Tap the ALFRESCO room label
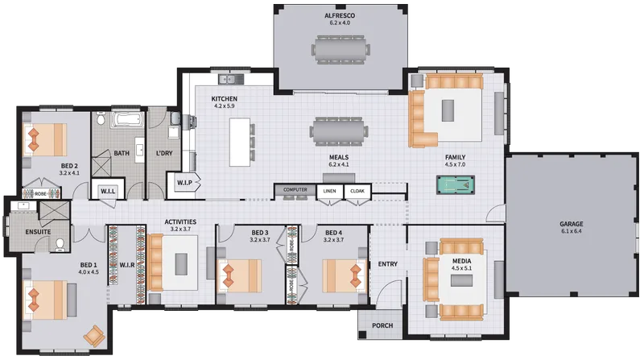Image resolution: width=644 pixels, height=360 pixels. point(340,15)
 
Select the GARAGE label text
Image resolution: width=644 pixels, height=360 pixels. point(572,224)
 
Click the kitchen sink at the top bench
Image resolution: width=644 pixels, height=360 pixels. point(231,78)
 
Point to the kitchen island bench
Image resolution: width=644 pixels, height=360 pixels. point(240,142)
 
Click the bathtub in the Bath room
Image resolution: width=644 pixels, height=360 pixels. point(128,119)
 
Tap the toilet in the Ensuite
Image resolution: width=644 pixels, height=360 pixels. point(60,245)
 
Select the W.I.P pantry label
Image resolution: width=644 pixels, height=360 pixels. point(184,183)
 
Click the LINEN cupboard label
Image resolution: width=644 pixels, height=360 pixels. point(329,191)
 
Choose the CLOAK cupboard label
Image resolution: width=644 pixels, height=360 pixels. point(357,191)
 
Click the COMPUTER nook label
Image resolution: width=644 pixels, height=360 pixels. point(295,189)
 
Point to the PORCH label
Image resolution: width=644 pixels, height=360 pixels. point(382,325)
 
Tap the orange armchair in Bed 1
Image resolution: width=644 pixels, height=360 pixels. point(94,336)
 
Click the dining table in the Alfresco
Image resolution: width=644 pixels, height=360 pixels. point(340,50)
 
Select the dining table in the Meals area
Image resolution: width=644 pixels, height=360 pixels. point(339,131)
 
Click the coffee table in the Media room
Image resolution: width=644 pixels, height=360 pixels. point(461,280)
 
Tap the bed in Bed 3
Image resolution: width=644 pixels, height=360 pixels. point(239,275)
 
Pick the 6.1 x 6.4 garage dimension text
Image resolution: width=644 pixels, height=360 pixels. point(572,231)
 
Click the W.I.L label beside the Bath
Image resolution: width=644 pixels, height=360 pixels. point(108,191)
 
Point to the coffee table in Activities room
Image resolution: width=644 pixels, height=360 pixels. point(181,264)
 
